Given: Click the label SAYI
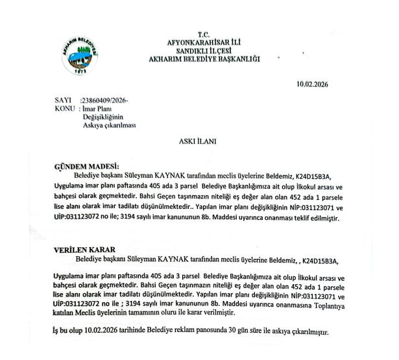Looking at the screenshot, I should [65, 101].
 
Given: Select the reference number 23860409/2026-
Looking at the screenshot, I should [103, 101].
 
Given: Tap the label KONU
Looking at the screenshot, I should [66, 109].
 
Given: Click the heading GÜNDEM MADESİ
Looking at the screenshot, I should [82, 167].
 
